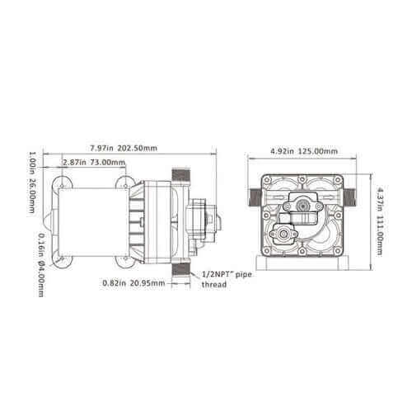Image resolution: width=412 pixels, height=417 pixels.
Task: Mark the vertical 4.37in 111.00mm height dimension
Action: click(x=381, y=221)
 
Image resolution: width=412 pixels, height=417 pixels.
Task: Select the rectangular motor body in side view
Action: click(x=91, y=221)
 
